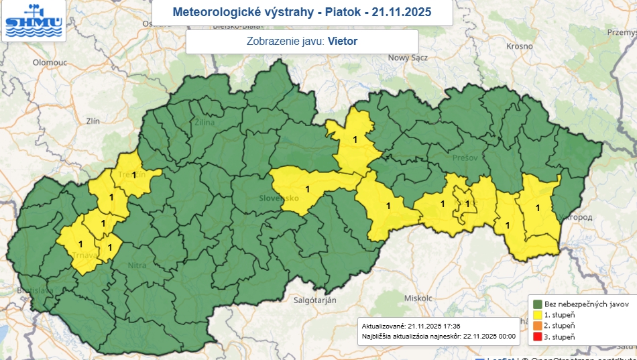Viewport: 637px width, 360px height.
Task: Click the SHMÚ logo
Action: click(x=34, y=21)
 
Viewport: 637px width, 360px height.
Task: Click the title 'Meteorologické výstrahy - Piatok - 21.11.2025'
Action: click(x=302, y=12)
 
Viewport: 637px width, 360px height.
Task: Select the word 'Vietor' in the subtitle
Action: click(x=343, y=42)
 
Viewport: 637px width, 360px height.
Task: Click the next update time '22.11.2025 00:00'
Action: click(x=489, y=336)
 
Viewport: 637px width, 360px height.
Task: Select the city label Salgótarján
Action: click(x=314, y=300)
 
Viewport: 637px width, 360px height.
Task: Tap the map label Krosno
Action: click(x=520, y=46)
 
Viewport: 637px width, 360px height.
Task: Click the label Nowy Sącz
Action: click(x=407, y=58)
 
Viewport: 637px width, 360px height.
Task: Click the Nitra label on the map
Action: click(x=136, y=265)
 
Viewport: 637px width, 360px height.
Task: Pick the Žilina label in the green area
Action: click(x=204, y=123)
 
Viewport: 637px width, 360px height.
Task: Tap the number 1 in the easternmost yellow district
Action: click(x=537, y=208)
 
